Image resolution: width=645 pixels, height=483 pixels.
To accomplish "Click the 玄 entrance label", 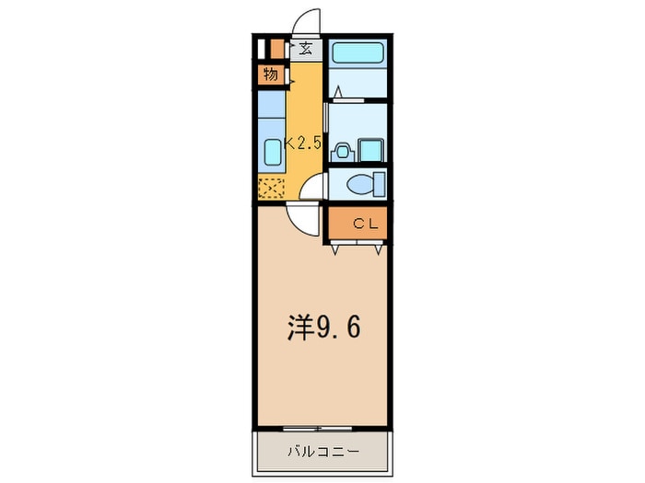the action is pos(305,50).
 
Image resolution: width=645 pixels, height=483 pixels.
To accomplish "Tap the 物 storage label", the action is pos(271,75).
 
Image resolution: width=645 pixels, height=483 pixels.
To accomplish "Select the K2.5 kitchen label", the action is pos(303,144).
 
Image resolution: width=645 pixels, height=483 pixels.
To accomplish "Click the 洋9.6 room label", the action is pos(323,328).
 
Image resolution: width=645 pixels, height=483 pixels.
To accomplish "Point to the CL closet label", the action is pos(366,224).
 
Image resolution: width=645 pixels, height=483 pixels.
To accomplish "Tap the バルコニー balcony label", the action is pos(322,453).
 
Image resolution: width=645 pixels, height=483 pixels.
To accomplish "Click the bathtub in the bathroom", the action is pos(358,53).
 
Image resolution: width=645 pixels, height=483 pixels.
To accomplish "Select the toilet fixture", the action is pos(366,184).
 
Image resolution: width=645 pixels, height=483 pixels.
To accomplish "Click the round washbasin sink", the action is pos(342,152).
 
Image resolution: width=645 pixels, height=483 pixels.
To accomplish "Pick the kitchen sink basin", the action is pos(273,152).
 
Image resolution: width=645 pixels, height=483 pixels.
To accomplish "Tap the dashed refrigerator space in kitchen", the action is pos(271,188).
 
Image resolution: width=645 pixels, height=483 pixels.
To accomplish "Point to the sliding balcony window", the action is pos(318,429).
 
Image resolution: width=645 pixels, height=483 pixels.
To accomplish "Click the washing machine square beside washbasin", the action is pos(371,150).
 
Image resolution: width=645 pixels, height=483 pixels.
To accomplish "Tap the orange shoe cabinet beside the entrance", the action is pos(277,50).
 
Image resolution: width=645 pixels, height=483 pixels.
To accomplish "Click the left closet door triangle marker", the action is pos(334,249).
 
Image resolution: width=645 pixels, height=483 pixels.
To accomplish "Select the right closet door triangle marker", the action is pos(379,249).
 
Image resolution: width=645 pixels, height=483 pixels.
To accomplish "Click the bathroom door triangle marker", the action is pos(338,92).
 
